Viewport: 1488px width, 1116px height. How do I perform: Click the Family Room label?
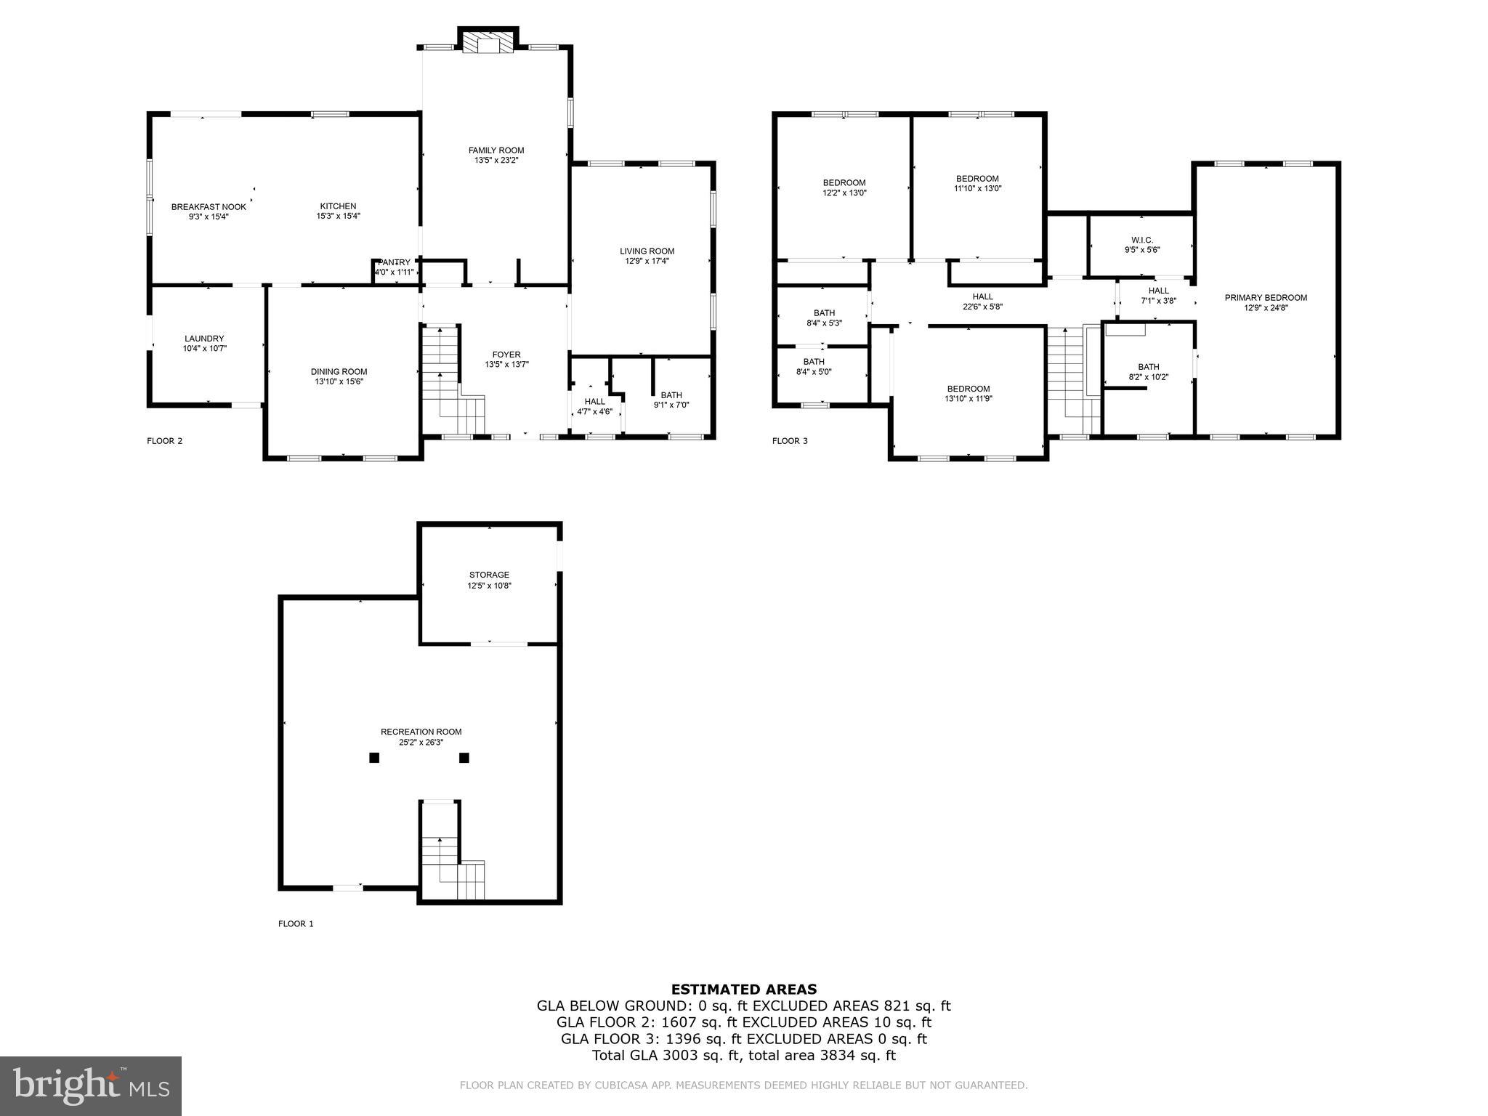[x=496, y=150]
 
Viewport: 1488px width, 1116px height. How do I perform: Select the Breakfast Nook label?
[x=209, y=207]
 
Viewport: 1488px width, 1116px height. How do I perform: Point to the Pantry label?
[x=395, y=262]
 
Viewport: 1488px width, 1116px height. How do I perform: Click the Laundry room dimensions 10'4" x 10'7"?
[x=204, y=349]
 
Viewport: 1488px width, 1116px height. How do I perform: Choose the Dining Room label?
[x=339, y=371]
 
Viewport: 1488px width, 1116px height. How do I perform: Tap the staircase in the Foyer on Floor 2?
[x=450, y=381]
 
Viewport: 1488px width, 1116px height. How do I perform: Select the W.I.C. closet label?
[x=1141, y=240]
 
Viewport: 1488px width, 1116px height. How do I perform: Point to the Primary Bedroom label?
[x=1265, y=297]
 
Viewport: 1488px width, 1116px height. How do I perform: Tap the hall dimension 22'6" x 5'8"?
[x=982, y=307]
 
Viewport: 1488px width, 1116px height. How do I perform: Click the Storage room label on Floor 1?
[x=489, y=575]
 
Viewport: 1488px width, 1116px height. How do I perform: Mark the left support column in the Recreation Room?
[x=374, y=758]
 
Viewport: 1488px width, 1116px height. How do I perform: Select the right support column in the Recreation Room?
[x=464, y=758]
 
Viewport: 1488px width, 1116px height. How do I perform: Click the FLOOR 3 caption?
[x=789, y=441]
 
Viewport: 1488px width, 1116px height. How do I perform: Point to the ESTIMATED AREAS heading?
[x=743, y=989]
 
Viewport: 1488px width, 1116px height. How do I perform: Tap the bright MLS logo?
[x=91, y=1085]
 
